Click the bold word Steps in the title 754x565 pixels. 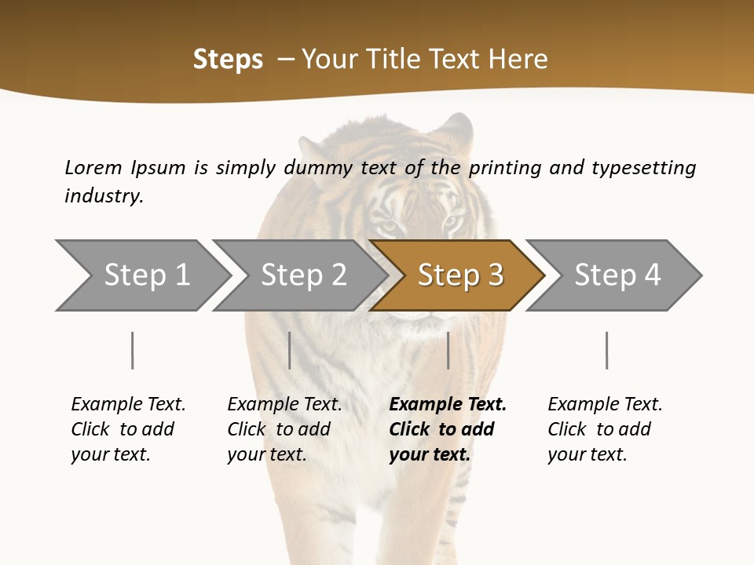(x=228, y=60)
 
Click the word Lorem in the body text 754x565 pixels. (x=93, y=167)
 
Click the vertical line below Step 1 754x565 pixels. (x=133, y=350)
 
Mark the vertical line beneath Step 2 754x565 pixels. (x=290, y=350)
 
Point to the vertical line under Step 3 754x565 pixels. (x=448, y=350)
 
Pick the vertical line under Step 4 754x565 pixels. (x=606, y=350)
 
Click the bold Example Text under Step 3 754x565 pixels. (x=448, y=405)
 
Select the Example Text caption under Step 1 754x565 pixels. (x=128, y=405)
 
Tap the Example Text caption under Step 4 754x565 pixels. (x=605, y=405)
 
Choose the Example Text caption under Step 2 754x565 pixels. (x=284, y=405)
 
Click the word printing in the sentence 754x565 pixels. (x=506, y=167)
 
